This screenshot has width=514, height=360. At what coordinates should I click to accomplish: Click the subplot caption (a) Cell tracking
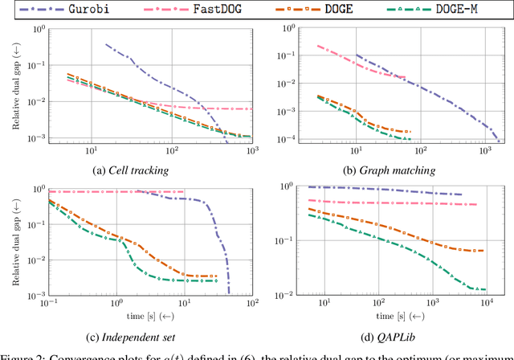[x=151, y=170]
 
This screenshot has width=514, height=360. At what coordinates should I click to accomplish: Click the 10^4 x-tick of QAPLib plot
[x=486, y=305]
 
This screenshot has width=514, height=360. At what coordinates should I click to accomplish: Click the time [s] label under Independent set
[x=151, y=317]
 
